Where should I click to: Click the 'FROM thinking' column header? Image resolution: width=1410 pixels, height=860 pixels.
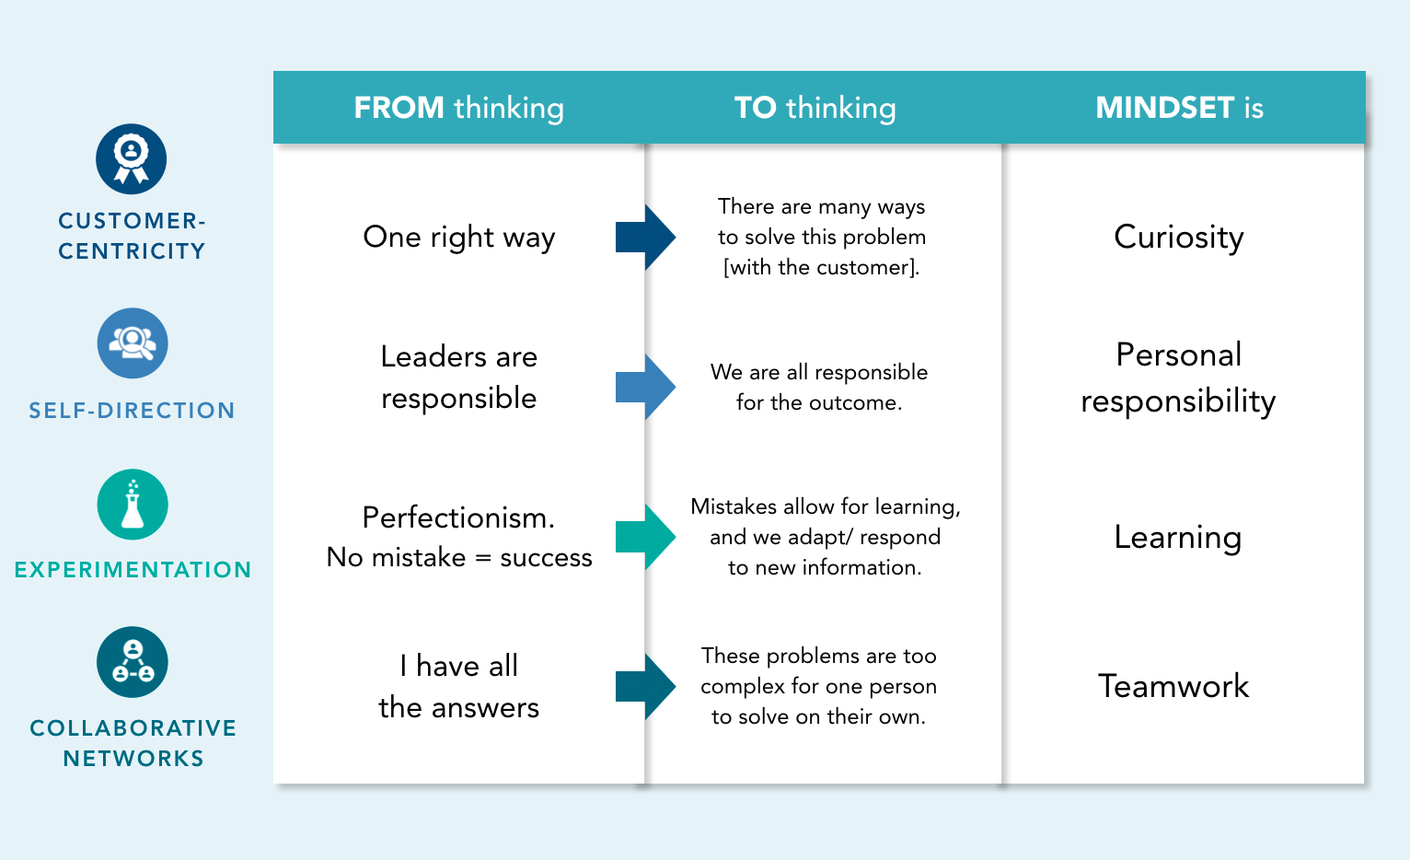click(x=458, y=108)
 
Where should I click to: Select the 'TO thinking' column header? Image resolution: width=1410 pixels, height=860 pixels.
click(x=815, y=108)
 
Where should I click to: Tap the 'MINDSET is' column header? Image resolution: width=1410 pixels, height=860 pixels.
click(x=1179, y=108)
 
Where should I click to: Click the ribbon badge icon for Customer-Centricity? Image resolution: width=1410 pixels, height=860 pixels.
click(x=132, y=159)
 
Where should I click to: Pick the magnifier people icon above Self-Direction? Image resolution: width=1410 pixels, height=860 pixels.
click(x=133, y=343)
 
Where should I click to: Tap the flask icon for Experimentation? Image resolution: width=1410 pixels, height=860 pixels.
click(x=133, y=505)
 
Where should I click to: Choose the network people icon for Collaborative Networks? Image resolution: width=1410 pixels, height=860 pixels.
click(x=133, y=662)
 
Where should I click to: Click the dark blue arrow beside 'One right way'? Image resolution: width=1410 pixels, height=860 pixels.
click(x=645, y=238)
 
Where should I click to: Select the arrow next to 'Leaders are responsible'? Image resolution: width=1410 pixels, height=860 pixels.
click(x=645, y=387)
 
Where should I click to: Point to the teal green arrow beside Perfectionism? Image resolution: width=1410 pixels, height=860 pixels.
click(x=645, y=537)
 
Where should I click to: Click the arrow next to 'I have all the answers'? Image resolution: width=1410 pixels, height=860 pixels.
click(x=645, y=687)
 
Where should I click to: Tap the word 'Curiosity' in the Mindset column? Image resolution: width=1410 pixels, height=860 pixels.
click(x=1178, y=238)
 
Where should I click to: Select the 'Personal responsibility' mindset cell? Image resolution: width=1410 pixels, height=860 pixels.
click(x=1178, y=378)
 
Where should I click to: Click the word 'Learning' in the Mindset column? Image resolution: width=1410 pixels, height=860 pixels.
click(x=1177, y=537)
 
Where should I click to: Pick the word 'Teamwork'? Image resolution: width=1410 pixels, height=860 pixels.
click(x=1173, y=686)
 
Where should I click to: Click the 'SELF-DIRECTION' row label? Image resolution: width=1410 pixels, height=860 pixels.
click(x=132, y=411)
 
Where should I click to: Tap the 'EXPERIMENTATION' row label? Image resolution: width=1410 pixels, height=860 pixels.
click(x=133, y=570)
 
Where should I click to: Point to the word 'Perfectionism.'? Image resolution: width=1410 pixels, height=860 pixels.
click(x=458, y=517)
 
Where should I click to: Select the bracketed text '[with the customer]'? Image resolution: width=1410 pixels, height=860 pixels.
click(x=821, y=268)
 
